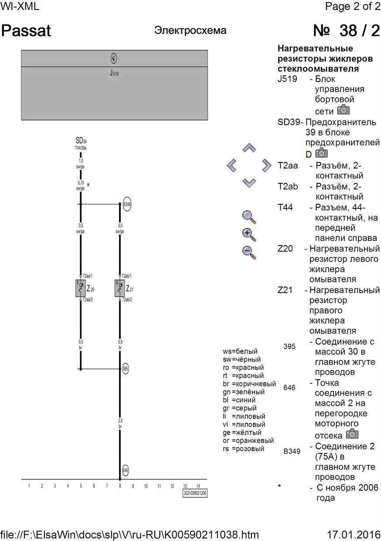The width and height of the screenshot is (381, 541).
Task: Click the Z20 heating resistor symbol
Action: click(x=81, y=288)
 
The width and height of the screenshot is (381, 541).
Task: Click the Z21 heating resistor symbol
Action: click(x=120, y=288)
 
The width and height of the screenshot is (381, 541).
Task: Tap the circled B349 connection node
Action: click(x=127, y=204)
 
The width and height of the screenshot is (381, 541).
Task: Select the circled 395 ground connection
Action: click(x=126, y=368)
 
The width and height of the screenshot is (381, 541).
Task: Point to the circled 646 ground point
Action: click(x=126, y=471)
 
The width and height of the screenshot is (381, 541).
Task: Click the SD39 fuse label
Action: click(x=81, y=141)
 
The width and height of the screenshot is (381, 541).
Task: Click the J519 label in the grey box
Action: click(x=114, y=73)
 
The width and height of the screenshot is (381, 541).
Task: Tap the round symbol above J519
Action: click(x=114, y=58)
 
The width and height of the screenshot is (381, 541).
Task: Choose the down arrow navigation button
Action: click(x=248, y=182)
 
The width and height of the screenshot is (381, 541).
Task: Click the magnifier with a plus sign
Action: click(x=249, y=234)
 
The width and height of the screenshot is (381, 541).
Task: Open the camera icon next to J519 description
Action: click(x=344, y=110)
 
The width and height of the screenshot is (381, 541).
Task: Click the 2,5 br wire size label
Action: click(x=120, y=423)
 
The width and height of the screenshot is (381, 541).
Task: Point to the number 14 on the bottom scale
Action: click(x=198, y=486)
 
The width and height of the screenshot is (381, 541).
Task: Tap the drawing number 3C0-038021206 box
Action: click(x=195, y=493)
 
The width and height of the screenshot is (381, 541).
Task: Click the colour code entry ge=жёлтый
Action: click(x=242, y=432)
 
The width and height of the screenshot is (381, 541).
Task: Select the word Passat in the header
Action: click(x=27, y=31)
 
